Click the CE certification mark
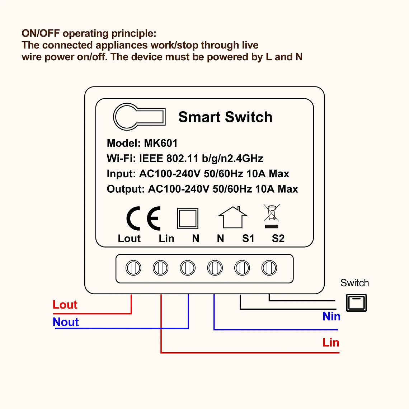click(144, 218)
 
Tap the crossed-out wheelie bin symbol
click(272, 216)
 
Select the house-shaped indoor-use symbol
click(233, 217)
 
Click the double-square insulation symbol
click(188, 218)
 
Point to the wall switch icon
click(357, 302)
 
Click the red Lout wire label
click(65, 305)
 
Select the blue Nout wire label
click(66, 322)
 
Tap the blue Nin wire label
click(331, 316)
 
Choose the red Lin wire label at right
click(330, 342)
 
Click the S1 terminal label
click(248, 239)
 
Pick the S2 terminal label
click(278, 239)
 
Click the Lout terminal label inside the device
click(129, 239)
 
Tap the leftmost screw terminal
click(133, 268)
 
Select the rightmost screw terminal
click(269, 268)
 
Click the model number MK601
click(161, 143)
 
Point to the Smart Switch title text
click(225, 117)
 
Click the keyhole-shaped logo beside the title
click(139, 117)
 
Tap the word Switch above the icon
click(354, 283)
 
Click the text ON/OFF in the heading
click(41, 33)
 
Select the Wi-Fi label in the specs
click(121, 159)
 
